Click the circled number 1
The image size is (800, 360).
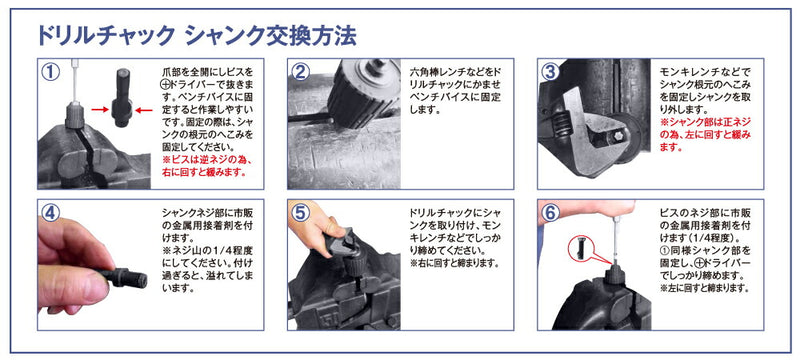(x=50, y=73)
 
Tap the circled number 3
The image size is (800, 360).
(x=551, y=73)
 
